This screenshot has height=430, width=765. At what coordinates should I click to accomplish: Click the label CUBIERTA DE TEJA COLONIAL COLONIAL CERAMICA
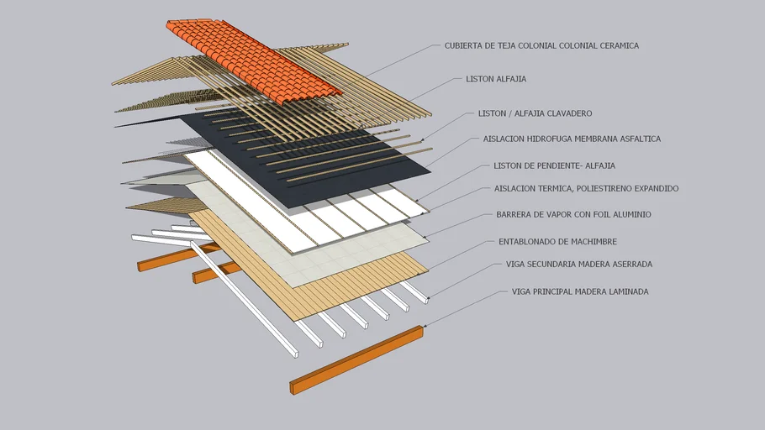tap(541, 45)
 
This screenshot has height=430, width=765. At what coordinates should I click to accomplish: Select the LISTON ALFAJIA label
tap(496, 79)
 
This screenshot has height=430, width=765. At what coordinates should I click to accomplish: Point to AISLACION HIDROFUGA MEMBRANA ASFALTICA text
tap(572, 139)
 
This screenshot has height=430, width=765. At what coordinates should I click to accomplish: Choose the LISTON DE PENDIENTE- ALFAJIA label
tap(554, 165)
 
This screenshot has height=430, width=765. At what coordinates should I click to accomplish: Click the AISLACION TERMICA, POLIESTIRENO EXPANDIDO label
tap(586, 189)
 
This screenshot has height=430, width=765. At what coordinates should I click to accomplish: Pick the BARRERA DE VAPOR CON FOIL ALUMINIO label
tap(573, 215)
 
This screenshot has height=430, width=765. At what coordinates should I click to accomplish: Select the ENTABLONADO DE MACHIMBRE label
tap(557, 242)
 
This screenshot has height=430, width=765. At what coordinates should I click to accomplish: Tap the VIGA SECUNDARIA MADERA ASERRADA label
tap(578, 264)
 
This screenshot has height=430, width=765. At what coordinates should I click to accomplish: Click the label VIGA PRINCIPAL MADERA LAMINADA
tap(580, 291)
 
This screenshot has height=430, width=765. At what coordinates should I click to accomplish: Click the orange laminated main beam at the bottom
tap(357, 359)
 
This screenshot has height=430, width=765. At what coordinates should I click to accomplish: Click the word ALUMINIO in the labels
tap(630, 215)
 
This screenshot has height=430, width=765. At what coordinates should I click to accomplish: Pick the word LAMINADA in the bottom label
tap(627, 291)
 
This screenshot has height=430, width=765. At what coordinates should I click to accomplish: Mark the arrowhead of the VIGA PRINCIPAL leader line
tap(424, 326)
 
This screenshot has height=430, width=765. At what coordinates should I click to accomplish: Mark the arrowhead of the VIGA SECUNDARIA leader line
tap(429, 297)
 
